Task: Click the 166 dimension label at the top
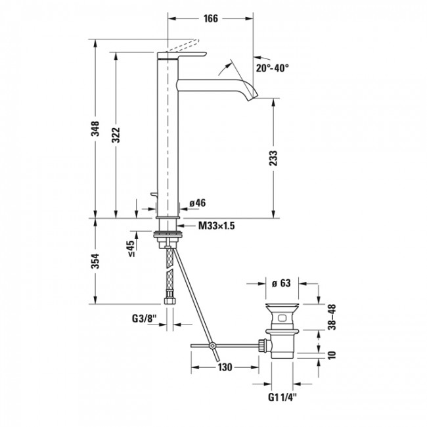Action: point(211,18)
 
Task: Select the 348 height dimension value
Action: point(95,129)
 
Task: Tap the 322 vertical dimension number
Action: point(116,135)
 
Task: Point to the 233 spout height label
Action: point(273,158)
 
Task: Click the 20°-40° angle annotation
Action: point(272,68)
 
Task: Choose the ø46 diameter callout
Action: point(198,203)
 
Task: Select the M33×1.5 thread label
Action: point(217,226)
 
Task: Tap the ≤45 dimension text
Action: point(131,248)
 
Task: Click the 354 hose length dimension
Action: point(95,261)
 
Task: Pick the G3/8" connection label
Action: point(145,318)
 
